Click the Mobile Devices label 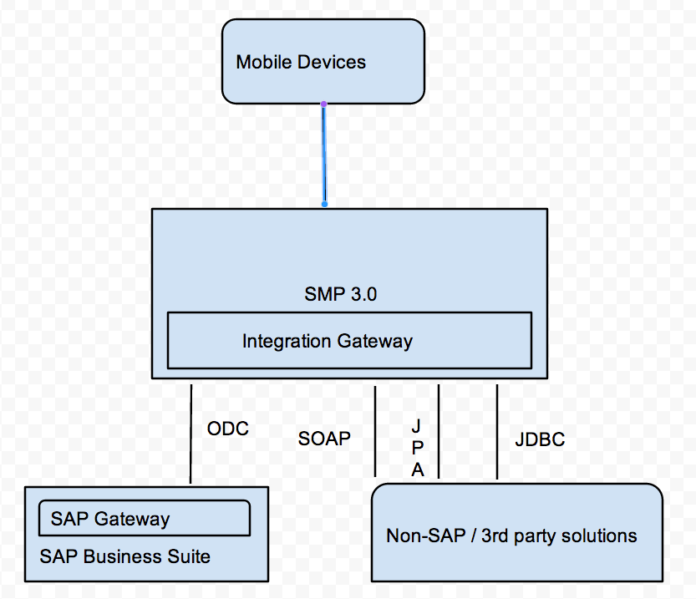(x=301, y=62)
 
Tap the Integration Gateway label (x=327, y=341)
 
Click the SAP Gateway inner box (x=145, y=518)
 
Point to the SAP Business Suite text (x=124, y=556)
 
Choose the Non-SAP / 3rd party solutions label (x=511, y=536)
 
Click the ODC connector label (x=227, y=429)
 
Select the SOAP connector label (x=324, y=438)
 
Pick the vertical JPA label (x=417, y=448)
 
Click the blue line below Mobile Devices (x=323, y=155)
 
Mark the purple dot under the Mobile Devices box (x=323, y=104)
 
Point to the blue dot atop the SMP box (x=324, y=203)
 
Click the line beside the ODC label (x=191, y=434)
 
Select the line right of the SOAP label (x=375, y=431)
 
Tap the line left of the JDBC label (x=497, y=431)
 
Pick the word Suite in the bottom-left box (x=191, y=556)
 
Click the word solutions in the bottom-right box (x=604, y=536)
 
